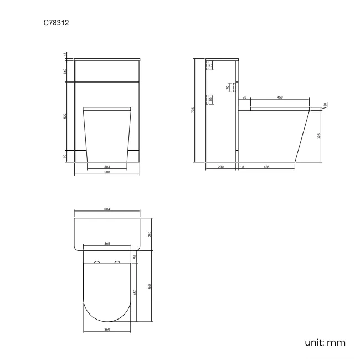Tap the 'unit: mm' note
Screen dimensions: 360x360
[325, 342]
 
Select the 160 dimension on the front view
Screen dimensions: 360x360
[65, 71]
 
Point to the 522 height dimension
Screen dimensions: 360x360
[65, 116]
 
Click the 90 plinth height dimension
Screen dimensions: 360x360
[65, 156]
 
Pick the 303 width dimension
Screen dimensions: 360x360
[107, 166]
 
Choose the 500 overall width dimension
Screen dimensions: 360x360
[107, 173]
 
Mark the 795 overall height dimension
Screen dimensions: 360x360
[193, 110]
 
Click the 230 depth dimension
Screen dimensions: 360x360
[220, 166]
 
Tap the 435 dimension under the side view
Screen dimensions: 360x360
[266, 166]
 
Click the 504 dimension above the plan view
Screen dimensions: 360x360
[107, 209]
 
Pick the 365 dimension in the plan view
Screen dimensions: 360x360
[107, 243]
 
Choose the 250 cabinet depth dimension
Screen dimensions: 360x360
[150, 233]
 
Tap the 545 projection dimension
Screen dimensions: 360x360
[150, 285]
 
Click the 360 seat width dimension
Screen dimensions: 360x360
[107, 330]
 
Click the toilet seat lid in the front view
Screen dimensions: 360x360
[107, 107]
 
